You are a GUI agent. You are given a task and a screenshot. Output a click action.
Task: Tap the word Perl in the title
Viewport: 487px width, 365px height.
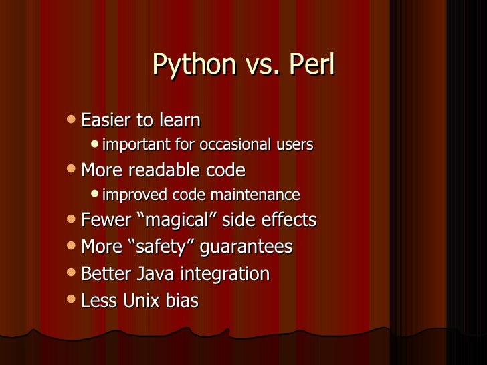[310, 66]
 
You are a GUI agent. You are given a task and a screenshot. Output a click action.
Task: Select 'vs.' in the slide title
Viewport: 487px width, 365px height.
[260, 66]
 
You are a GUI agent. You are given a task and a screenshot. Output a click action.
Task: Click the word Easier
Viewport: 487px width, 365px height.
[106, 121]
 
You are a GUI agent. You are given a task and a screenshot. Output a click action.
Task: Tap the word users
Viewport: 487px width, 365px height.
[294, 145]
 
